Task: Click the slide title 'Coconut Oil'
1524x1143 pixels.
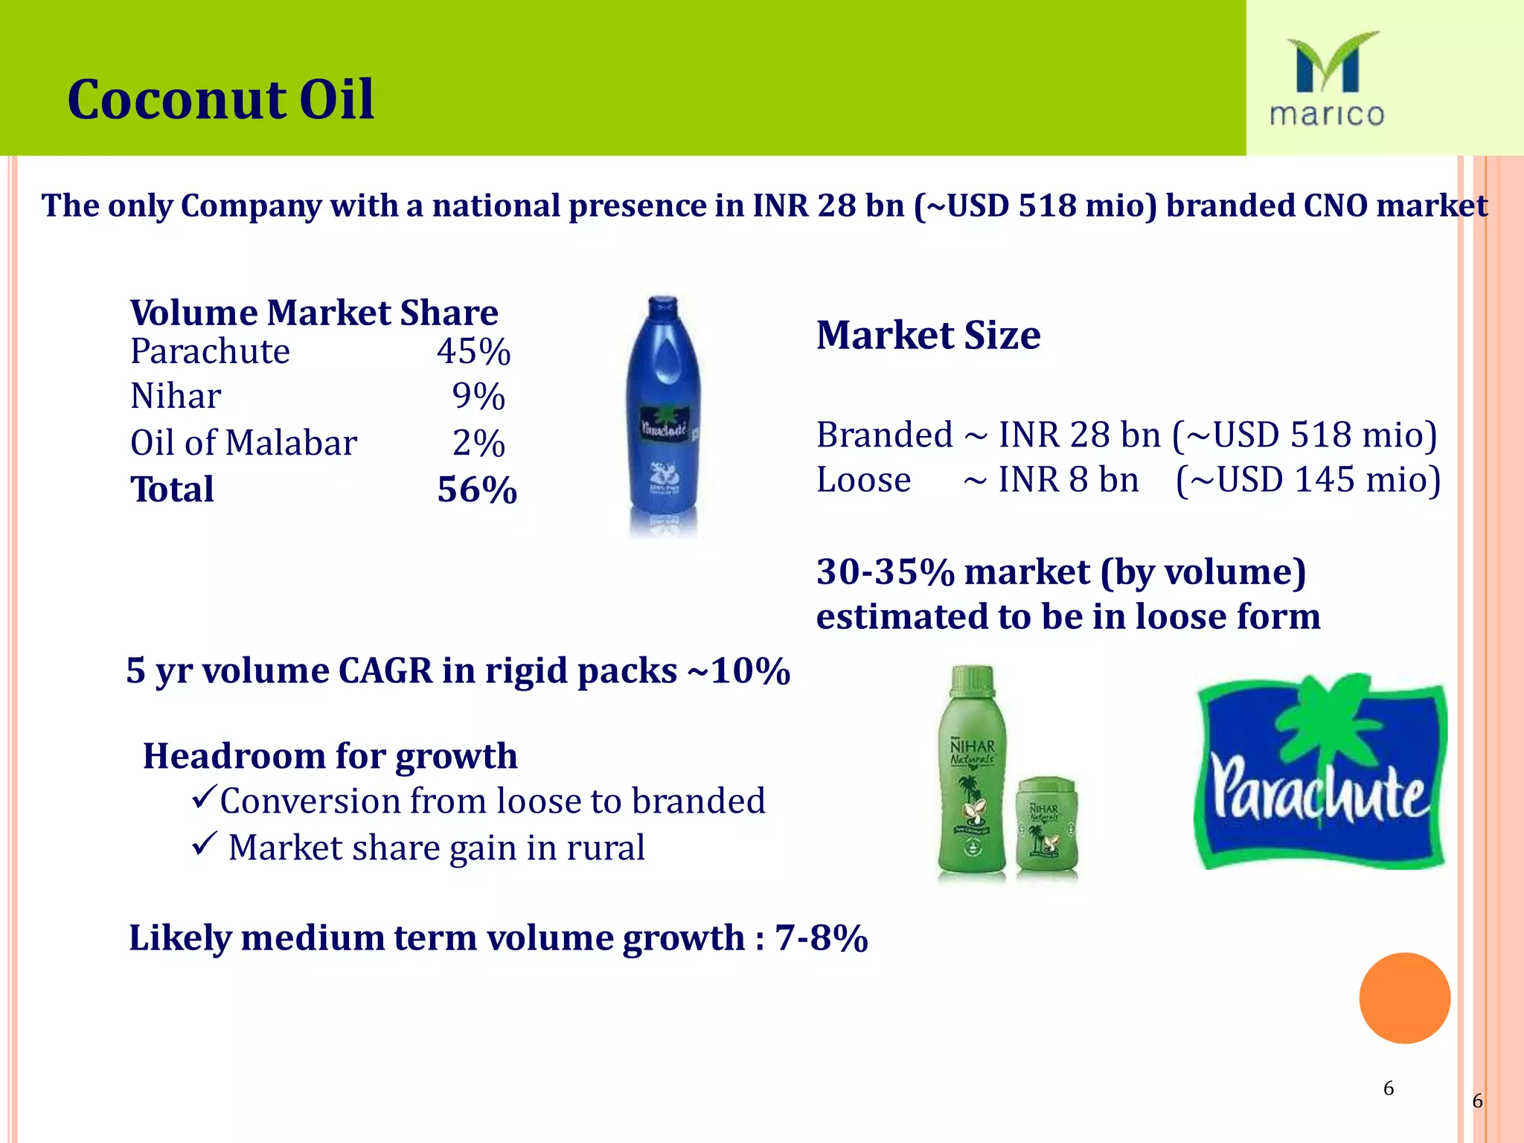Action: coord(220,100)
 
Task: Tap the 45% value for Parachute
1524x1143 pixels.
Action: coord(473,351)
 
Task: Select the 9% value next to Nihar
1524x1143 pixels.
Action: coord(478,397)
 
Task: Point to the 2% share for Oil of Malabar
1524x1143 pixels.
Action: coord(478,444)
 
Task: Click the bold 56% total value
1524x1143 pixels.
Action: coord(477,490)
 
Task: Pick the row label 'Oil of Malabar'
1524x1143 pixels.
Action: coord(243,444)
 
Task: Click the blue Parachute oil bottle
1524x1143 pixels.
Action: coord(663,417)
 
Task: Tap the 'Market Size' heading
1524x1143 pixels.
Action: coord(928,336)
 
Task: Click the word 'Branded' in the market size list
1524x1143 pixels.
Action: coord(884,435)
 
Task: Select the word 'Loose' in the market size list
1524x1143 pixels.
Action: coord(863,480)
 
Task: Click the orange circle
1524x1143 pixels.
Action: coord(1404,998)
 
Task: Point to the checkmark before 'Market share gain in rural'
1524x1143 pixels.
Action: coord(203,844)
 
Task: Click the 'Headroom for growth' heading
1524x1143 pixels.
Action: coord(330,757)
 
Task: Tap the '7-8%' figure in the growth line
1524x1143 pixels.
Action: coord(821,938)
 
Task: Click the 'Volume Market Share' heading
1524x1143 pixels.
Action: coord(314,313)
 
